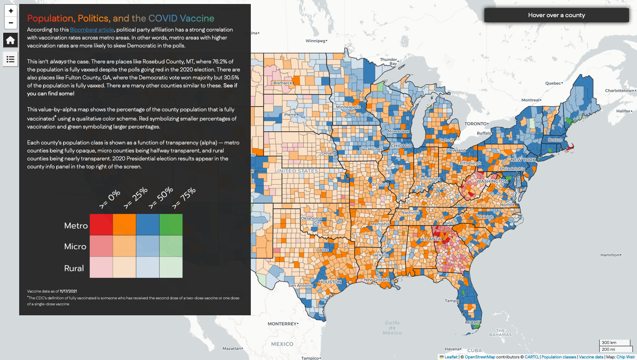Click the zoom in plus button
11,11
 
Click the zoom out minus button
11,23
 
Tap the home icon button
10,40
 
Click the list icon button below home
10,59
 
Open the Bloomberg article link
92,30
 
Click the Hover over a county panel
556,15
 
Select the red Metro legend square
101,224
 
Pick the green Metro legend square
171,224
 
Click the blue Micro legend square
148,246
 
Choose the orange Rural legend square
125,267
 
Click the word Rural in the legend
74,268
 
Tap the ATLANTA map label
431,239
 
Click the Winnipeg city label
316,41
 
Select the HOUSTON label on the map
330,282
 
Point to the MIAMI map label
472,322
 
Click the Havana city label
452,349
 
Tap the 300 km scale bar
614,342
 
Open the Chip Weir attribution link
625,357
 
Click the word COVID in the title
163,18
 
